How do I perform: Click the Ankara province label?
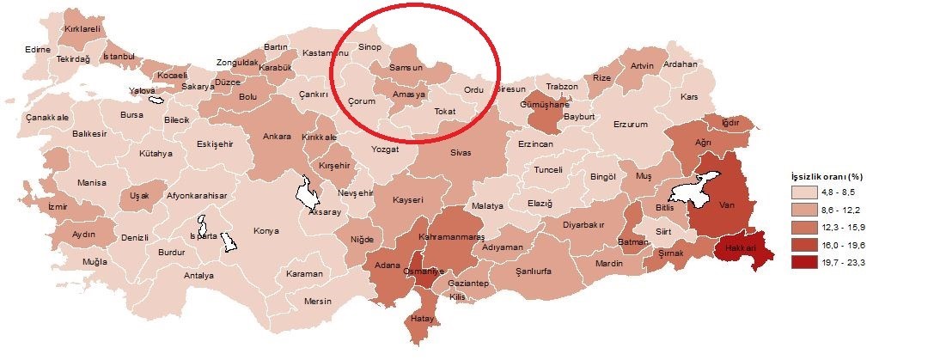point(276,137)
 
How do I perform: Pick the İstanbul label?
point(119,57)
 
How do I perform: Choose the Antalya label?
point(198,276)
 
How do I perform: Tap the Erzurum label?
point(630,125)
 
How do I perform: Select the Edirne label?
point(37,49)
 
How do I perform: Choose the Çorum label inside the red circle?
point(363,101)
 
